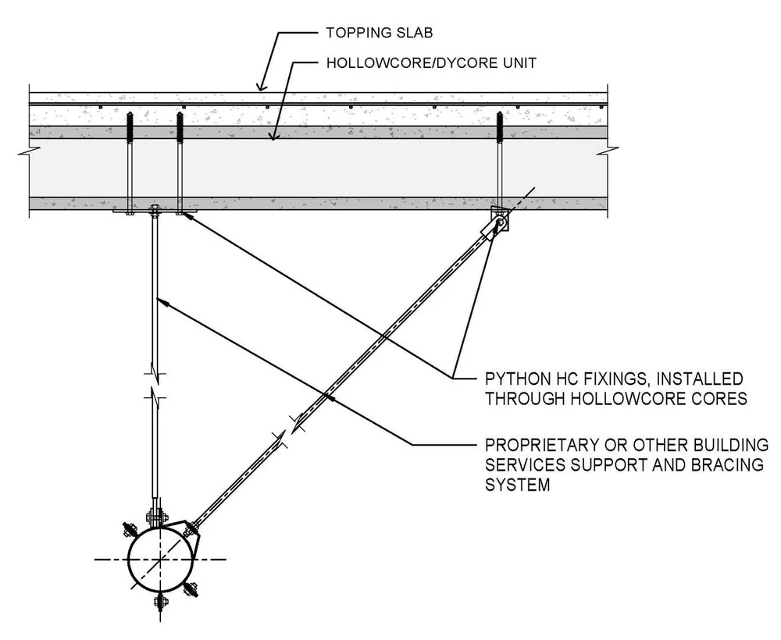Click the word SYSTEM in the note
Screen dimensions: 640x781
coord(518,485)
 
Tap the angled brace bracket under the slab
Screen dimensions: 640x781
coord(498,221)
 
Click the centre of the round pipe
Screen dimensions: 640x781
coord(159,560)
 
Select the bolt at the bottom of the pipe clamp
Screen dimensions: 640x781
coord(160,602)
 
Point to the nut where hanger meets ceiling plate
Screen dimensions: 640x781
coord(154,209)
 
